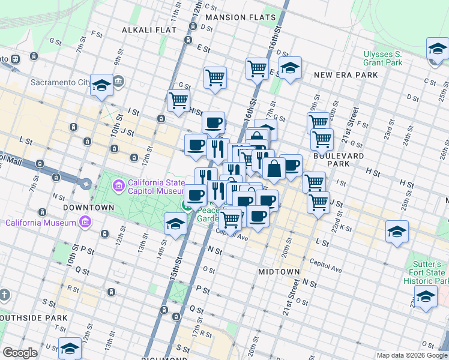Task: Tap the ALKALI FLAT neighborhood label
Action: click(149, 29)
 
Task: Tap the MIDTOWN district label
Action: click(279, 272)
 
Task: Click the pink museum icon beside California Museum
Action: click(85, 223)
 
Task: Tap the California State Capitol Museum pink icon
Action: click(118, 184)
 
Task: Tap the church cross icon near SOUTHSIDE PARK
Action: click(4, 295)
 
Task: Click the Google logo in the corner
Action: click(20, 353)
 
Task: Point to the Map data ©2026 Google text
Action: click(412, 355)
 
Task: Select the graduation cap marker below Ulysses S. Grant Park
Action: click(437, 50)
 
